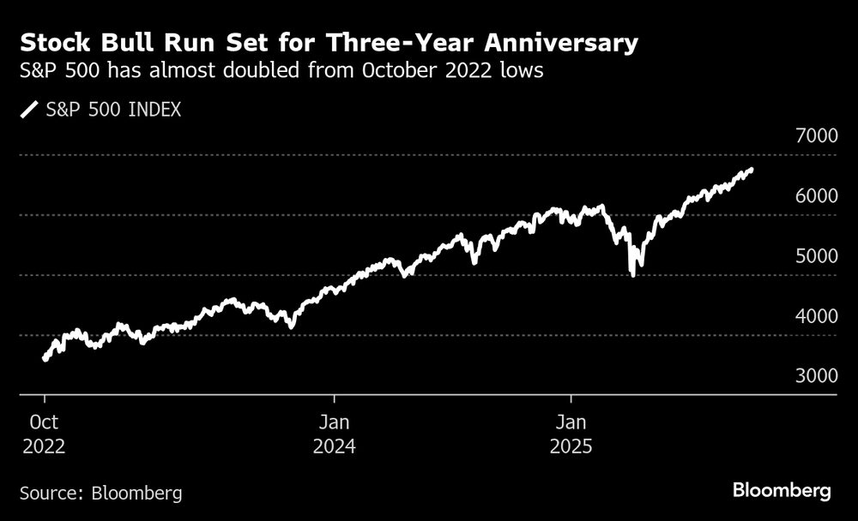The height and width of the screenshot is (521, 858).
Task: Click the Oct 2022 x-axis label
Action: (x=43, y=434)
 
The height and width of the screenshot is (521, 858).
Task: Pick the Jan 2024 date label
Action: (x=334, y=434)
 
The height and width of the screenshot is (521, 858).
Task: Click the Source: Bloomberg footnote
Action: (x=100, y=493)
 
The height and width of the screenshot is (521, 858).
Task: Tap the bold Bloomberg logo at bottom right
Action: (x=782, y=491)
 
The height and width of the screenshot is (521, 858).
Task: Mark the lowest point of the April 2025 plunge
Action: (x=632, y=274)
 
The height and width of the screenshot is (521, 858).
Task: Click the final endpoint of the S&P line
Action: (x=751, y=170)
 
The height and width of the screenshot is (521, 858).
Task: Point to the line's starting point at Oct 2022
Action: (x=45, y=359)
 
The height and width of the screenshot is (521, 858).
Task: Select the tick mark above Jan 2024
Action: (x=334, y=399)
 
